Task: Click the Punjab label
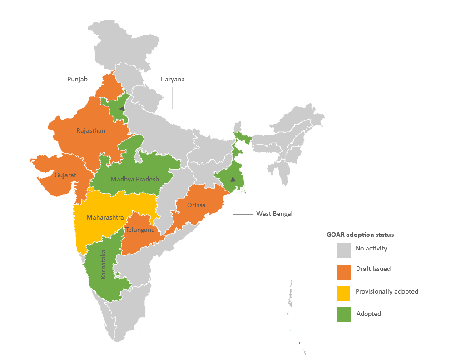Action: click(77, 80)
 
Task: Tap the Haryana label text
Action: click(172, 80)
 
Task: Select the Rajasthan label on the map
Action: click(91, 131)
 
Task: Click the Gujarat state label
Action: click(65, 175)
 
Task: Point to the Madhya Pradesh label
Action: click(134, 179)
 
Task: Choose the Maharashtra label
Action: click(105, 218)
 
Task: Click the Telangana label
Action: click(140, 230)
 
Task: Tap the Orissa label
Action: click(196, 205)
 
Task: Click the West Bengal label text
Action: click(274, 214)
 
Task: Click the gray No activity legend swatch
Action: click(344, 250)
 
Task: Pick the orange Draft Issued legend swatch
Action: click(344, 271)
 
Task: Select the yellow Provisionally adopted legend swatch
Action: click(344, 293)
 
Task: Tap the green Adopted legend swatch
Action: click(344, 315)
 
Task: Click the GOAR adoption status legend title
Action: click(360, 235)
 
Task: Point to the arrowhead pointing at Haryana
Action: click(122, 109)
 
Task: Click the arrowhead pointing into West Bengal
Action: click(233, 179)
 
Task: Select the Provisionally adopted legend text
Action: click(387, 291)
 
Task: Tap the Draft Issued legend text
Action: click(373, 269)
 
